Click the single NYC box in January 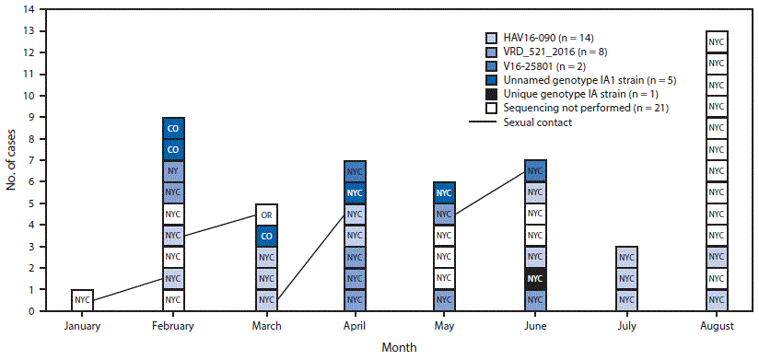point(82,300)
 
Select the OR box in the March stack point(265,215)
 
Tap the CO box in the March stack point(265,236)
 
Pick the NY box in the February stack point(173,171)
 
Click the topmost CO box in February point(173,128)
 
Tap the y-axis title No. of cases point(11,160)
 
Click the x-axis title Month point(400,347)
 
